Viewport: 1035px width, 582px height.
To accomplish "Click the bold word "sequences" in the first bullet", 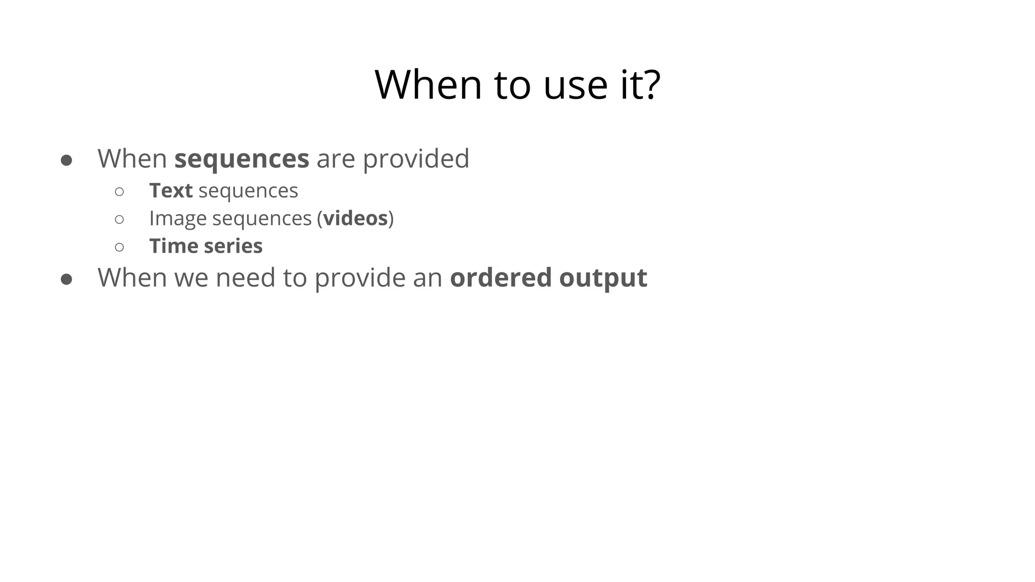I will coord(242,159).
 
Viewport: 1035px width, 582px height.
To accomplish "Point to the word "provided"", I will coord(416,159).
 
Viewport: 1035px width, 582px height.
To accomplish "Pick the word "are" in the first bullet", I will coord(336,159).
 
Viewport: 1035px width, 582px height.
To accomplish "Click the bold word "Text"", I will coord(171,191).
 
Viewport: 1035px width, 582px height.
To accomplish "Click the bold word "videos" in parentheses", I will coord(355,218).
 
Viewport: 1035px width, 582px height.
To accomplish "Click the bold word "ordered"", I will coord(500,277).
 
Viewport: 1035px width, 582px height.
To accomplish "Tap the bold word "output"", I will coord(603,278).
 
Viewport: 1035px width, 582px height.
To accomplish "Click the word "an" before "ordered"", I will coord(428,278).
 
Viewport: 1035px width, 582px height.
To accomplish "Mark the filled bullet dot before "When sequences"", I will coord(66,161).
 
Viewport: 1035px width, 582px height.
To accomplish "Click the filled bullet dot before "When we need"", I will coord(66,279).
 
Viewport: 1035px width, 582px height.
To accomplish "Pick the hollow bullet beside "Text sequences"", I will coord(119,191).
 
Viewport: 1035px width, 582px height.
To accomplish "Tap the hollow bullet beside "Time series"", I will coord(119,247).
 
